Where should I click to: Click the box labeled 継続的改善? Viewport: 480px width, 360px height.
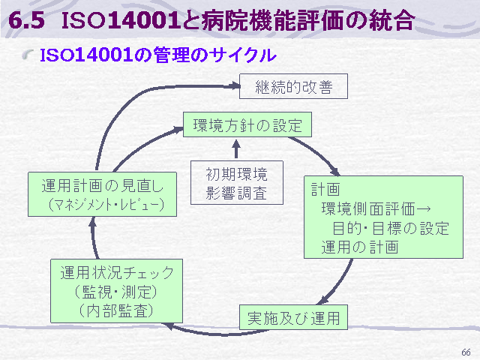(293, 86)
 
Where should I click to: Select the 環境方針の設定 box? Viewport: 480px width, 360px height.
(247, 124)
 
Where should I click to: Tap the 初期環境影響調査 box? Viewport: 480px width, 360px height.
(237, 183)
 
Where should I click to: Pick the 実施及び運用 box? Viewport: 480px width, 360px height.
(293, 317)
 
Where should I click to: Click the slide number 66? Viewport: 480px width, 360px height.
(466, 352)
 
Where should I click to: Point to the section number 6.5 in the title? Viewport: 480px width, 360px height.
(27, 20)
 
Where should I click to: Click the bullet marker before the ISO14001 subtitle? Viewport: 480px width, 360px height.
(28, 55)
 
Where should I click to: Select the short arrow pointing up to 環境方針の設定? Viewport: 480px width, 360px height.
(236, 149)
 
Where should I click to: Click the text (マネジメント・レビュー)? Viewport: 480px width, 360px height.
(106, 205)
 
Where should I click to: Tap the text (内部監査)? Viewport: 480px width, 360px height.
(116, 310)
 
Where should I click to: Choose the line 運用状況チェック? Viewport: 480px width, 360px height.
(117, 272)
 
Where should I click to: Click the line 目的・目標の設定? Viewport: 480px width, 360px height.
(391, 228)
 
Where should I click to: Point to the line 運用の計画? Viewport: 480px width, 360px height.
(360, 247)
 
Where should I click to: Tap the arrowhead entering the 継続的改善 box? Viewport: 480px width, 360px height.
(235, 85)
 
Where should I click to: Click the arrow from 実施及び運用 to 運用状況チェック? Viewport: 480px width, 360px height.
(217, 333)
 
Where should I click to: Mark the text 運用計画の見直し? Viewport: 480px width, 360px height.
(103, 186)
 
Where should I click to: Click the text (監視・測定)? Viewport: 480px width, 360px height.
(115, 292)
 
